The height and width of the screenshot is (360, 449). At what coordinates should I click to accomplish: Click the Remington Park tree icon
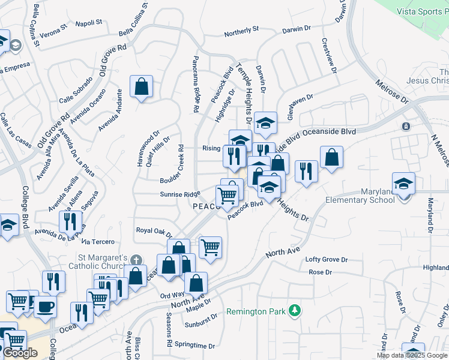pyautogui.click(x=294, y=310)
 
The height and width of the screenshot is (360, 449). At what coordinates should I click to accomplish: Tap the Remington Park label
pyautogui.click(x=256, y=312)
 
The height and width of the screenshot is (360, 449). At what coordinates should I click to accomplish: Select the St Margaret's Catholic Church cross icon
pyautogui.click(x=137, y=260)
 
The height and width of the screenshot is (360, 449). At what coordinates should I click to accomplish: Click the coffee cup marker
pyautogui.click(x=44, y=307)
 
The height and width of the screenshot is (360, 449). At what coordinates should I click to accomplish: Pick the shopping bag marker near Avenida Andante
pyautogui.click(x=140, y=88)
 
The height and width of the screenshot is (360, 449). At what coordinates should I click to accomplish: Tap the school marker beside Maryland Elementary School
pyautogui.click(x=403, y=184)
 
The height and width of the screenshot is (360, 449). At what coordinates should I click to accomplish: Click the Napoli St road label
pyautogui.click(x=90, y=23)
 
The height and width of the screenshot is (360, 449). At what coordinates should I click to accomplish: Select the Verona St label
pyautogui.click(x=54, y=31)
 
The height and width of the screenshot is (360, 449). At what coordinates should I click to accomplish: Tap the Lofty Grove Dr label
pyautogui.click(x=327, y=259)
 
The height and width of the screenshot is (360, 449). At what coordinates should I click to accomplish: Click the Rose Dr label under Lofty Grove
pyautogui.click(x=320, y=272)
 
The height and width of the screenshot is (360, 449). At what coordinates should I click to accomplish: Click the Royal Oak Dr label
pyautogui.click(x=154, y=230)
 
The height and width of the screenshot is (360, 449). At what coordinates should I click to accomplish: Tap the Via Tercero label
pyautogui.click(x=97, y=241)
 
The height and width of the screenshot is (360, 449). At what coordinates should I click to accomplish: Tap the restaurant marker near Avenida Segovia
pyautogui.click(x=71, y=221)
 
